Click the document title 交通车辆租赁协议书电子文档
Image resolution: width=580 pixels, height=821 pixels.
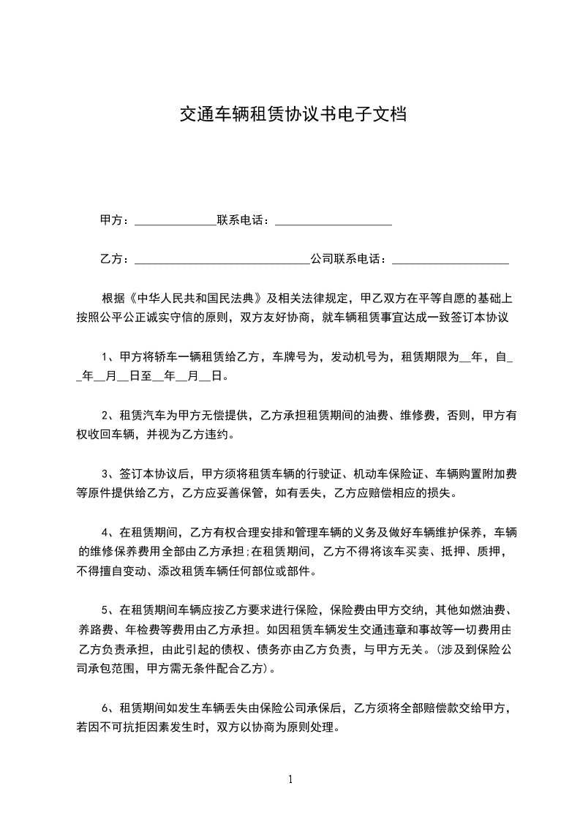pos(293,115)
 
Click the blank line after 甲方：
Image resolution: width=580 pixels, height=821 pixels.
pos(176,221)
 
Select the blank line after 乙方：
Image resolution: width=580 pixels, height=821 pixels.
pos(222,260)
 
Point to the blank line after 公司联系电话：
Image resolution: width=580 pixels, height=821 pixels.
pos(451,260)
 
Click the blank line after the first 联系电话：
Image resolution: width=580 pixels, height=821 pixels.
pos(334,221)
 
